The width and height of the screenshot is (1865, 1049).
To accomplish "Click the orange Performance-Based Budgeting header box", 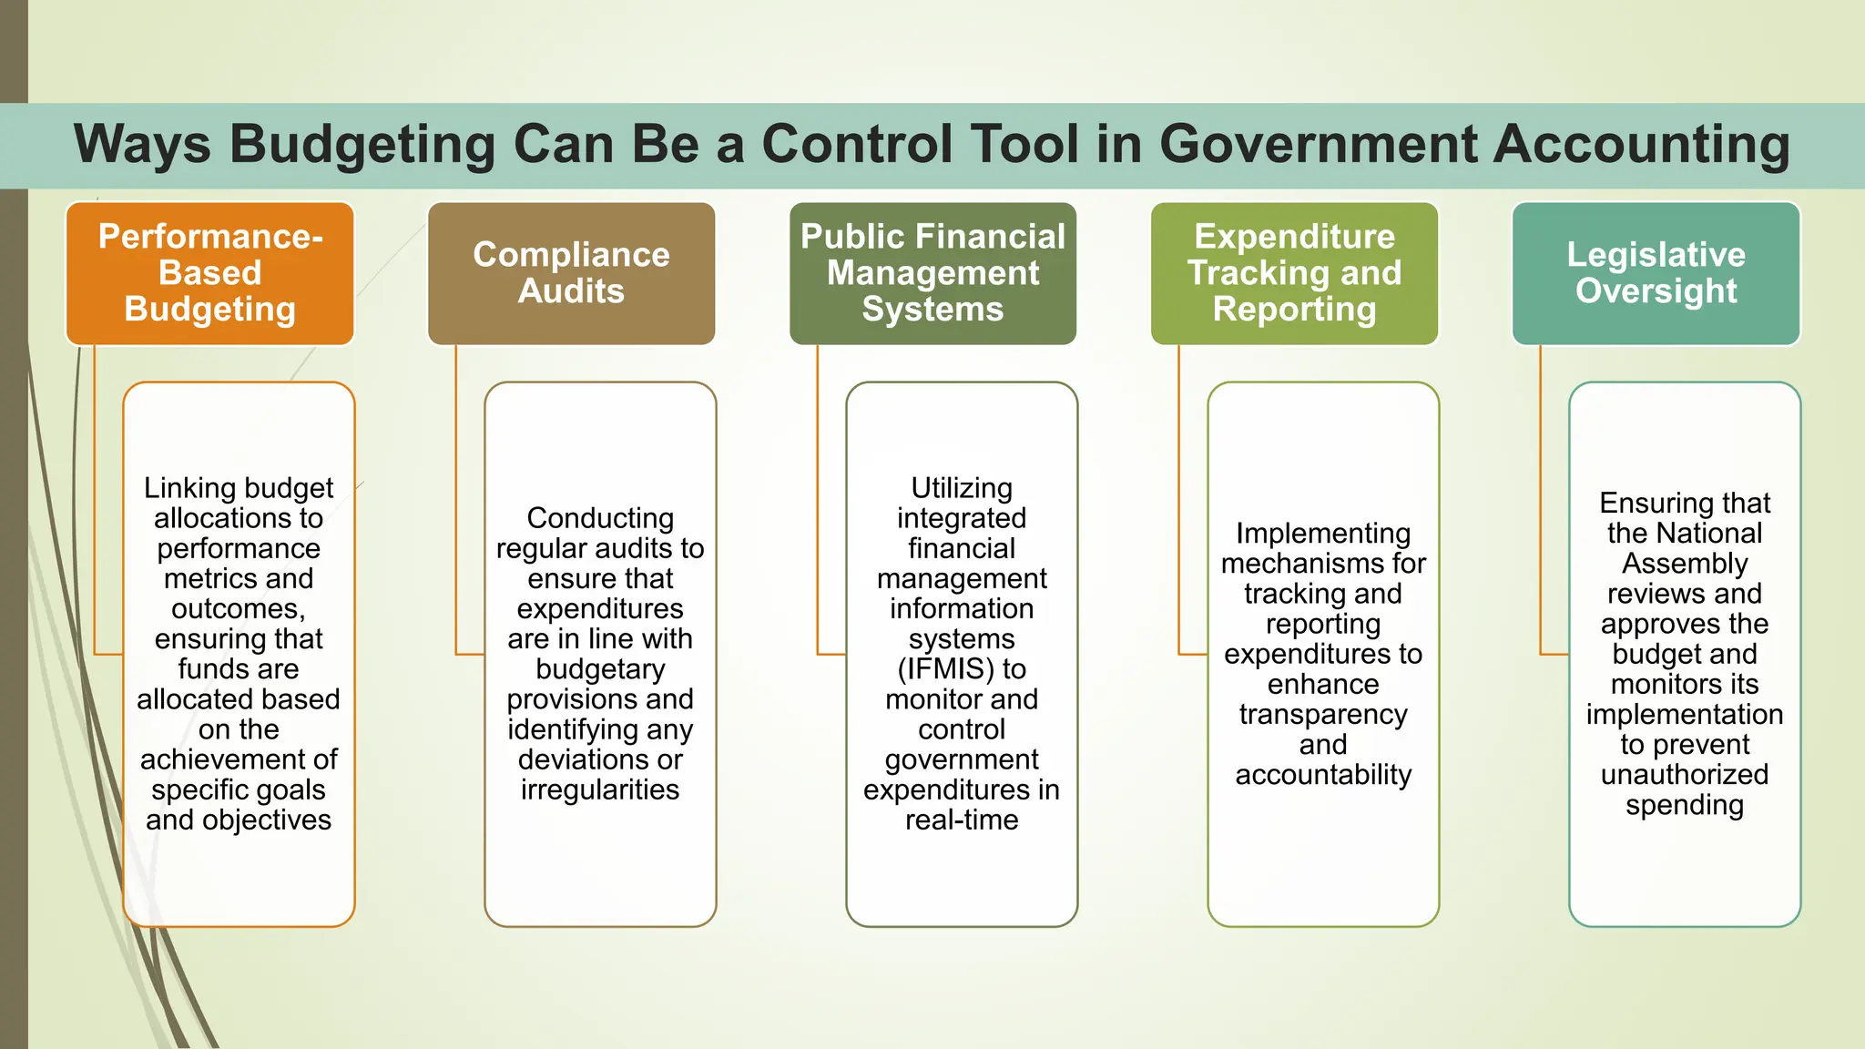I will click(x=209, y=273).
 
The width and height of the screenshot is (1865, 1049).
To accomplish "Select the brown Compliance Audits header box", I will click(x=571, y=273).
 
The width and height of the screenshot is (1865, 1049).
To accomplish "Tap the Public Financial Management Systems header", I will click(x=932, y=273).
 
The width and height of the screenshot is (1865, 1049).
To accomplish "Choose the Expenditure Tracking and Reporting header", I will click(x=1294, y=273).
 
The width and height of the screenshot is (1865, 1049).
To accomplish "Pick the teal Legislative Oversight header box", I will click(x=1656, y=273).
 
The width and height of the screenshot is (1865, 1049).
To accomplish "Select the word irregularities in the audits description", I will click(x=600, y=789).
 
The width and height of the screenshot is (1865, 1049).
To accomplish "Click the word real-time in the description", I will click(x=962, y=820).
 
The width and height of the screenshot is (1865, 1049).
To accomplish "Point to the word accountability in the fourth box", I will click(x=1323, y=775).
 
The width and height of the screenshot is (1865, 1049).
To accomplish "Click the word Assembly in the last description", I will click(x=1685, y=564).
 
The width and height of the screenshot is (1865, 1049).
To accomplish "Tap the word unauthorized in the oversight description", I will click(x=1685, y=775).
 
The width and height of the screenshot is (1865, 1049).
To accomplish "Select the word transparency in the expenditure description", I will click(x=1323, y=715).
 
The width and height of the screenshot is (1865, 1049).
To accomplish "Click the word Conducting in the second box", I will click(x=600, y=518).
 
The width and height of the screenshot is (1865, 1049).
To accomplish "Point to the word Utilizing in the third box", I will click(x=962, y=488).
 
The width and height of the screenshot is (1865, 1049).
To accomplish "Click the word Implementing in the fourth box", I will click(x=1323, y=534).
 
